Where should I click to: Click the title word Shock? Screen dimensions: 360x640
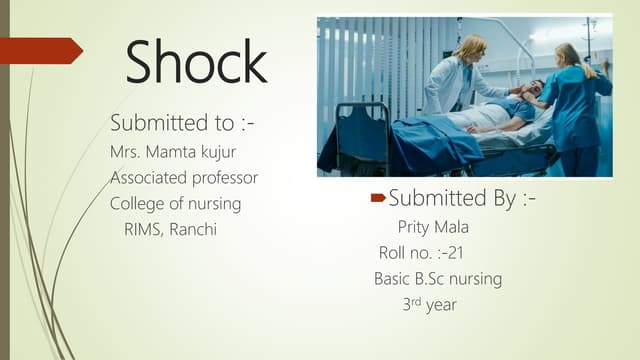[196, 62]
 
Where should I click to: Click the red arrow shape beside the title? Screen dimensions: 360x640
[40, 50]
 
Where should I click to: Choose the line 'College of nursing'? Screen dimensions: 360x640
[175, 204]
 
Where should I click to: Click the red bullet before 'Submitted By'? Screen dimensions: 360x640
[378, 199]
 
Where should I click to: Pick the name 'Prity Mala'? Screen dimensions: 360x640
[433, 227]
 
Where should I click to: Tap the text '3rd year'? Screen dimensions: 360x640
[429, 305]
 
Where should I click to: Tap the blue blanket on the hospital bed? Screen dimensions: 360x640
[420, 140]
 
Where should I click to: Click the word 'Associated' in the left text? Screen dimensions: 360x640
[145, 178]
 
